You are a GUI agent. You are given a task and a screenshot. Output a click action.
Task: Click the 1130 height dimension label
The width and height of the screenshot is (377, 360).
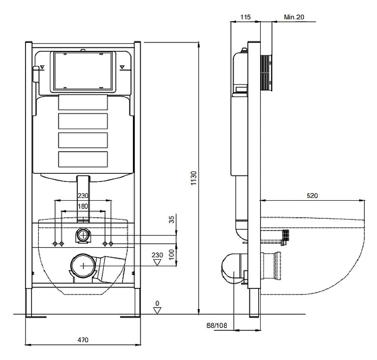[x=194, y=178]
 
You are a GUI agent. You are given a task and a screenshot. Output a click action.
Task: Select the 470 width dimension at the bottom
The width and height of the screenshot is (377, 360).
[x=83, y=340]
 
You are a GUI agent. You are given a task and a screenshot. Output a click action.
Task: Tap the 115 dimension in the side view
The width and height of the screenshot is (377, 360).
[x=246, y=17]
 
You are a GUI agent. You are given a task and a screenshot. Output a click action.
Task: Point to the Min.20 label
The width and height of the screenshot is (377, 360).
[x=294, y=17]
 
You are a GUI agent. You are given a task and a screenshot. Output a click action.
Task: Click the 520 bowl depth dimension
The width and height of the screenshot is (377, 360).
[x=312, y=196]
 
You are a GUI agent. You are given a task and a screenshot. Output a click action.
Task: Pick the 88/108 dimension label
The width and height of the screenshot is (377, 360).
[x=217, y=326]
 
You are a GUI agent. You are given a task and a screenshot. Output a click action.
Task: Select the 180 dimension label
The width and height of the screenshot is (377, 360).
[x=83, y=206]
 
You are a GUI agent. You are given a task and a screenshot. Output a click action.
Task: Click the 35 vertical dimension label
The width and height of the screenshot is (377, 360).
[x=172, y=220]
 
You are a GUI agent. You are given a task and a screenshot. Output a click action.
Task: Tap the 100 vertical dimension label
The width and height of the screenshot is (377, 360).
[x=172, y=254]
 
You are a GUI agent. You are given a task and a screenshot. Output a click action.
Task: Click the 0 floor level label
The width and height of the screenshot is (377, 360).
[x=157, y=303]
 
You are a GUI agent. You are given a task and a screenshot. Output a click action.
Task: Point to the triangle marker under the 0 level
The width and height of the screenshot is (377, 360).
[x=157, y=311]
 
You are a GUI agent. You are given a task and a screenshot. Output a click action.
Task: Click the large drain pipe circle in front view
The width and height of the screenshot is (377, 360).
[x=83, y=266]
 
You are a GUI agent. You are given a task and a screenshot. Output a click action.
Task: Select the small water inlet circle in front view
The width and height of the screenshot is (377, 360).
[x=83, y=235]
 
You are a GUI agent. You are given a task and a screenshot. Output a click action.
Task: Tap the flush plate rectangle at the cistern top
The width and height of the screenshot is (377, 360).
[x=83, y=72]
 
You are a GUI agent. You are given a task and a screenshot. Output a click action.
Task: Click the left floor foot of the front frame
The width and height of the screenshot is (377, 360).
[x=36, y=317]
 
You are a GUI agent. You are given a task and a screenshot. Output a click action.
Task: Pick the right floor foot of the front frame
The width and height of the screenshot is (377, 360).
[x=130, y=317]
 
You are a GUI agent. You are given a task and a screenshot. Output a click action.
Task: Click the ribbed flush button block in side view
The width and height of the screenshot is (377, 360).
[x=266, y=73]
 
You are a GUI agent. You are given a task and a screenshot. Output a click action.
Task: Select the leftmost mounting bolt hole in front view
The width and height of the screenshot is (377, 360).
[x=55, y=244]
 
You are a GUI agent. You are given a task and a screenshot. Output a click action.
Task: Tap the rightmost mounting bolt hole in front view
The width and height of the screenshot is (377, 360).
[x=111, y=244]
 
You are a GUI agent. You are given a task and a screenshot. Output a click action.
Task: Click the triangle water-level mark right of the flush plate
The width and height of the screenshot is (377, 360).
[x=123, y=67]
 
